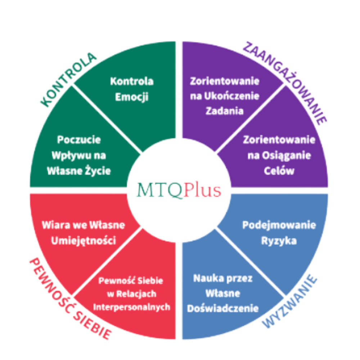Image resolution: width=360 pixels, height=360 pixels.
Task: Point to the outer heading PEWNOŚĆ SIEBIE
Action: [x=68, y=299]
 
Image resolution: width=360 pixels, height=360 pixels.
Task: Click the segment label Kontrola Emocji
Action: [x=132, y=89]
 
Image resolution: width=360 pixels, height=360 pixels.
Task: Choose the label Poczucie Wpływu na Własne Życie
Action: [x=79, y=155]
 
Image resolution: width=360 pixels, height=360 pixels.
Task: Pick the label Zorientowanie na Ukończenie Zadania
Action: [x=225, y=96]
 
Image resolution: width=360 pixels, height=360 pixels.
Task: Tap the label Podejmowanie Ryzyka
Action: [x=279, y=233]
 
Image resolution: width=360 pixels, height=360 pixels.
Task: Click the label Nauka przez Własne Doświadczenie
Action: [x=223, y=293]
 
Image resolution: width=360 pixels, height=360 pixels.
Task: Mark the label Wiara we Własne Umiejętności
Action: [x=84, y=233]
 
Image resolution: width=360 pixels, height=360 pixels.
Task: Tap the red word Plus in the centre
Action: [x=202, y=190]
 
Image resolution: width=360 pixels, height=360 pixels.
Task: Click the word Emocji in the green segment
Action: [x=132, y=97]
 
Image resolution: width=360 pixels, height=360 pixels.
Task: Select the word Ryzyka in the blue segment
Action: [x=279, y=241]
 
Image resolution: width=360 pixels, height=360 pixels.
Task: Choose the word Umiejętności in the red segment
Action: [x=84, y=241]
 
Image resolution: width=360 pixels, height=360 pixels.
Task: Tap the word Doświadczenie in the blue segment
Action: [x=223, y=309]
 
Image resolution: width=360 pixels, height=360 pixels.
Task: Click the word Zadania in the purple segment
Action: [x=225, y=111]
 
